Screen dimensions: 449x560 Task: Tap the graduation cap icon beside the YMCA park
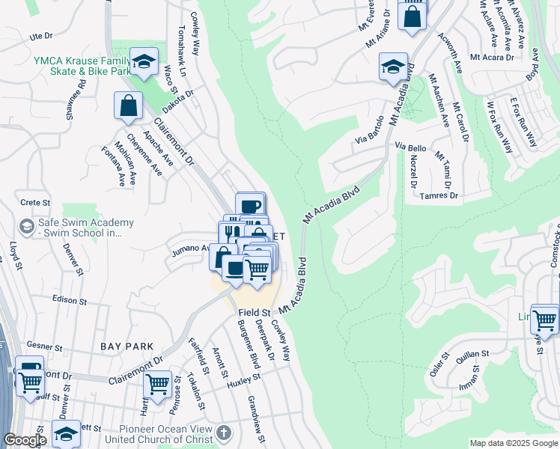click(144, 62)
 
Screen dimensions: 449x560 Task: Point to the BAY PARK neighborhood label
click(127, 346)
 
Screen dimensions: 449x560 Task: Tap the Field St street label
click(254, 312)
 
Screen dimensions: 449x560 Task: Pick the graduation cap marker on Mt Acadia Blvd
click(393, 67)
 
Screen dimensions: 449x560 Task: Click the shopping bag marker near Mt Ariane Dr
click(412, 16)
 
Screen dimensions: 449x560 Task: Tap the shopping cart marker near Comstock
click(544, 319)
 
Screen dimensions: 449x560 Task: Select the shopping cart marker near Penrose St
click(157, 385)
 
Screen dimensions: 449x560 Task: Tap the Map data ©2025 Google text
click(513, 443)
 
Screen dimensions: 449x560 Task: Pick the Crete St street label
click(35, 202)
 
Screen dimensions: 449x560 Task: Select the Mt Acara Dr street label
click(491, 57)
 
